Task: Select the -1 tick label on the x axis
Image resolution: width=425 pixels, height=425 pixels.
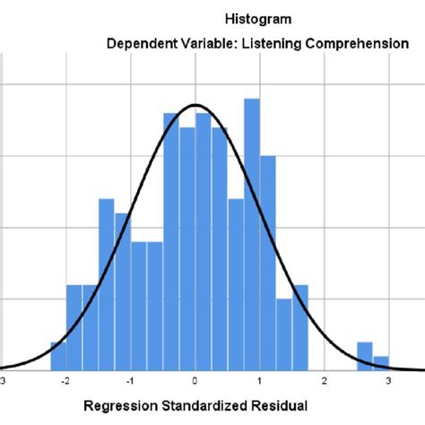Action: click(x=130, y=381)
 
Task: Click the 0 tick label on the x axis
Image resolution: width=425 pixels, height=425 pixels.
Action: click(x=195, y=381)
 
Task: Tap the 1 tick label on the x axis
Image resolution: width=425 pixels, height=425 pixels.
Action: click(x=260, y=381)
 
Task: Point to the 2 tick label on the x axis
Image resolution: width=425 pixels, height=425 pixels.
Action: click(x=325, y=381)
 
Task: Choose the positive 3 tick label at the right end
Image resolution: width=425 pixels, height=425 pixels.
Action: click(x=389, y=381)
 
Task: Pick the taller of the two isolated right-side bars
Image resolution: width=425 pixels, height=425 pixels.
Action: click(x=365, y=355)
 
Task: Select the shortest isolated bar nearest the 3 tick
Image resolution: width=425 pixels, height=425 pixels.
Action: click(x=381, y=362)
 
